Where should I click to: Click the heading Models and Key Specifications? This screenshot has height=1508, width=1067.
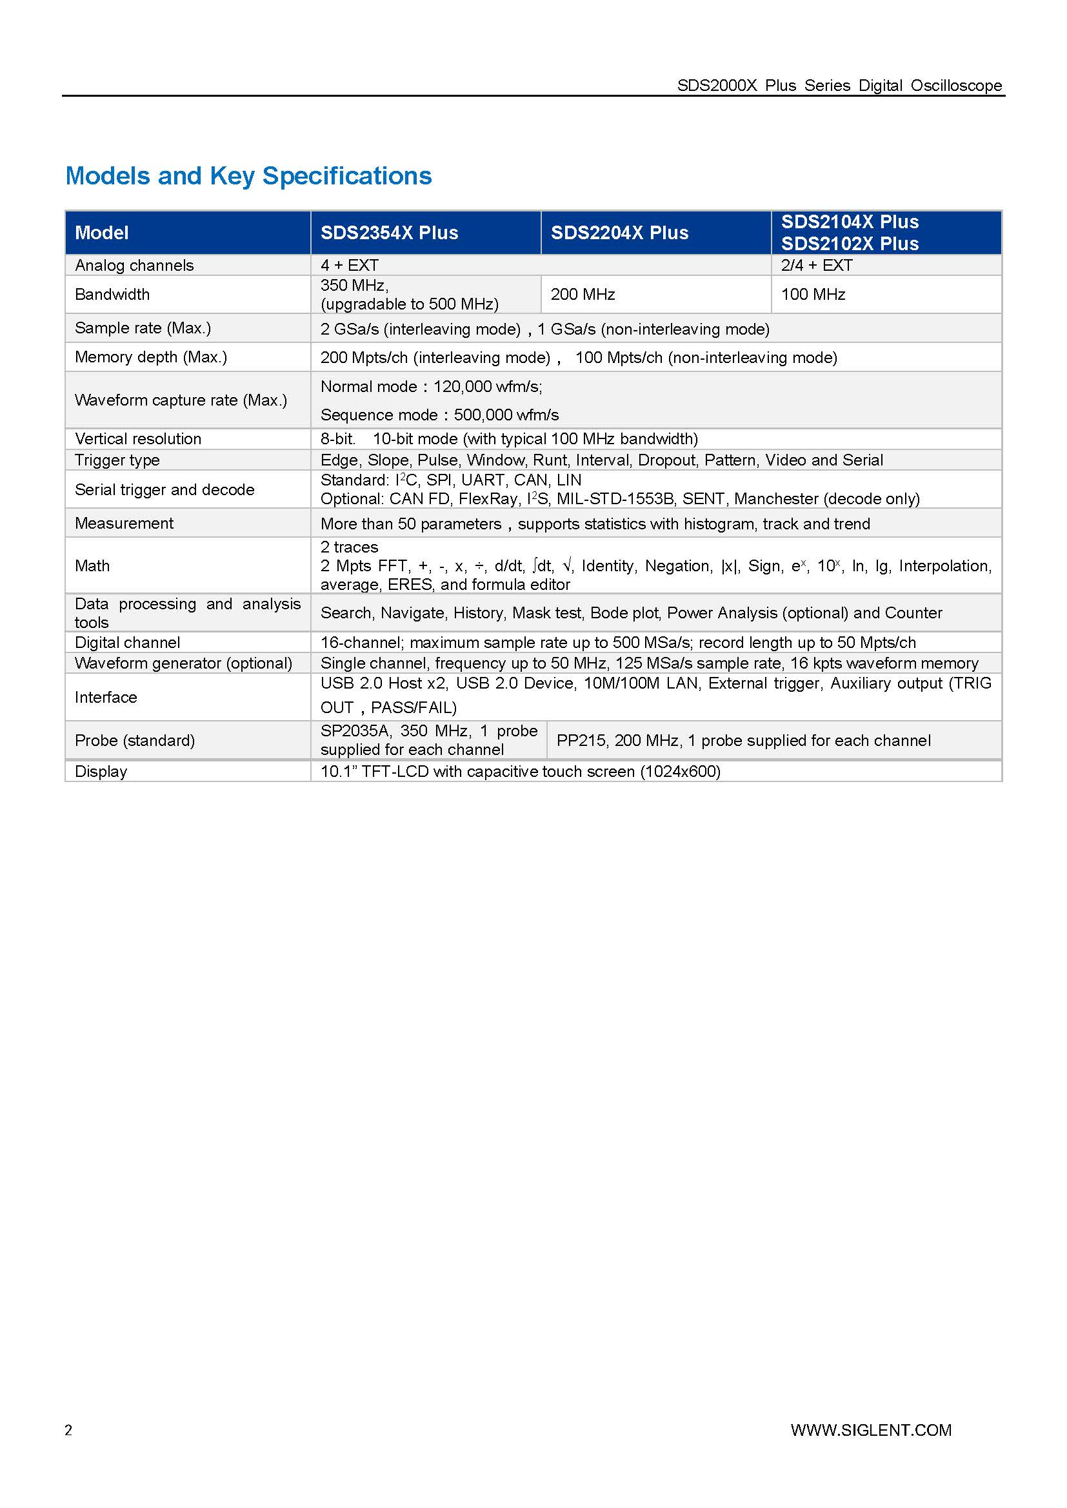[x=248, y=176]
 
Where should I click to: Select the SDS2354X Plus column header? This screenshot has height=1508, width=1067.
[x=389, y=233]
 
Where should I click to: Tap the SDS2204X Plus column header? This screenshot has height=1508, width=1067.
[x=619, y=233]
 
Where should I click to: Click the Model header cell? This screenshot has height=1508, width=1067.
[x=102, y=233]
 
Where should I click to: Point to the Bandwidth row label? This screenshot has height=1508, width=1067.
[x=112, y=294]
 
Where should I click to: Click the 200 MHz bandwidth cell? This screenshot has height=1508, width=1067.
[x=583, y=294]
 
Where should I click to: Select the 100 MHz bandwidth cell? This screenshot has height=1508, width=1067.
[x=813, y=294]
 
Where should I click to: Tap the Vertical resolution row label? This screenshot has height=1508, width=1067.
[x=138, y=439]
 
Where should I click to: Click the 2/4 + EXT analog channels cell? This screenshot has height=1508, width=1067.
[x=817, y=266]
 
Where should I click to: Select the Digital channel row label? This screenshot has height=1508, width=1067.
[x=128, y=642]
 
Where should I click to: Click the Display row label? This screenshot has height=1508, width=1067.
[x=101, y=772]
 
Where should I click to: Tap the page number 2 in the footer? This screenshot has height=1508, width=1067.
[x=68, y=1430]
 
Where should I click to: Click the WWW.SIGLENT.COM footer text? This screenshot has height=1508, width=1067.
[x=870, y=1430]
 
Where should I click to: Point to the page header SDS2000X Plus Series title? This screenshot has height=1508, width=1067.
[x=839, y=85]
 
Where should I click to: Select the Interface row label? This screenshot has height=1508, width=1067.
[x=106, y=697]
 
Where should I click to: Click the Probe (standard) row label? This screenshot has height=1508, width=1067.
[x=135, y=740]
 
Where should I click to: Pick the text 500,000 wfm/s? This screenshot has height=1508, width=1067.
[x=506, y=415]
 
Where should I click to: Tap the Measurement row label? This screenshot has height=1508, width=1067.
[x=124, y=524]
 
